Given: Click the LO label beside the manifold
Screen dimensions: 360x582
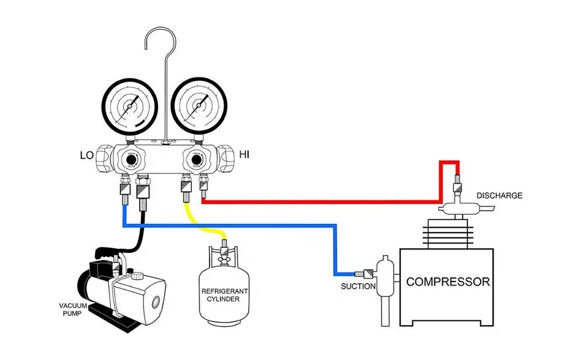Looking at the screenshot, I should [87, 155].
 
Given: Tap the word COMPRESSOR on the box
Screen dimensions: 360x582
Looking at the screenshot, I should [448, 282].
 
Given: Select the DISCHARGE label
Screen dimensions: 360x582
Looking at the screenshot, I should [499, 196].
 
